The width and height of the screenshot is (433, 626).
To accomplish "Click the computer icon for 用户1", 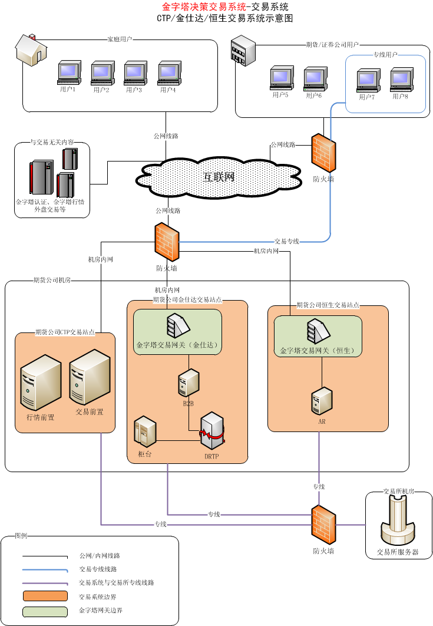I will [x=68, y=73].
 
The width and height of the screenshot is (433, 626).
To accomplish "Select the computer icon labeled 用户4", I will [x=168, y=73].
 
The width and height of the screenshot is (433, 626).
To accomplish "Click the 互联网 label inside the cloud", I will [x=219, y=177].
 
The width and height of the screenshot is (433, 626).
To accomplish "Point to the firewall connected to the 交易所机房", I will [x=323, y=525].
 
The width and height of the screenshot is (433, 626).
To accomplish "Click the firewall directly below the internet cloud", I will [x=167, y=242].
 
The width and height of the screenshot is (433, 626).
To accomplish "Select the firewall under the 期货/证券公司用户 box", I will [x=323, y=153].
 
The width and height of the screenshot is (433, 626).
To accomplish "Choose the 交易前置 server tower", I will [x=90, y=378].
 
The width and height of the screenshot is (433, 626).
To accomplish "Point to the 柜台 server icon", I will [x=145, y=431].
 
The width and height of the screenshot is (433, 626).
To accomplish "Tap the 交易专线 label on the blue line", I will [x=287, y=241].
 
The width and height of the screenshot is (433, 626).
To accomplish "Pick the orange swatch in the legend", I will [x=45, y=597].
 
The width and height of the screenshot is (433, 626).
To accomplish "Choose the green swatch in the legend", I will [x=45, y=611].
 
